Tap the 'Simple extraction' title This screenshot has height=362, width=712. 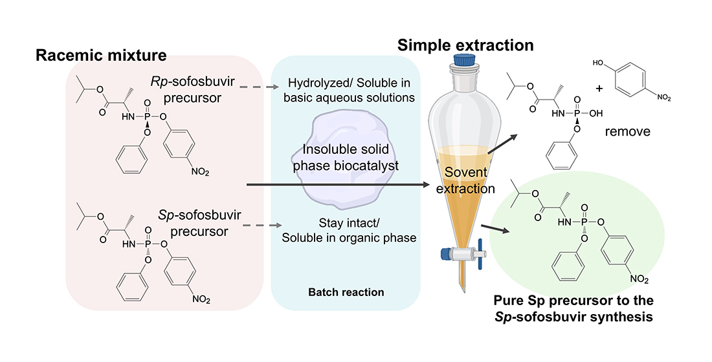point(465,45)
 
